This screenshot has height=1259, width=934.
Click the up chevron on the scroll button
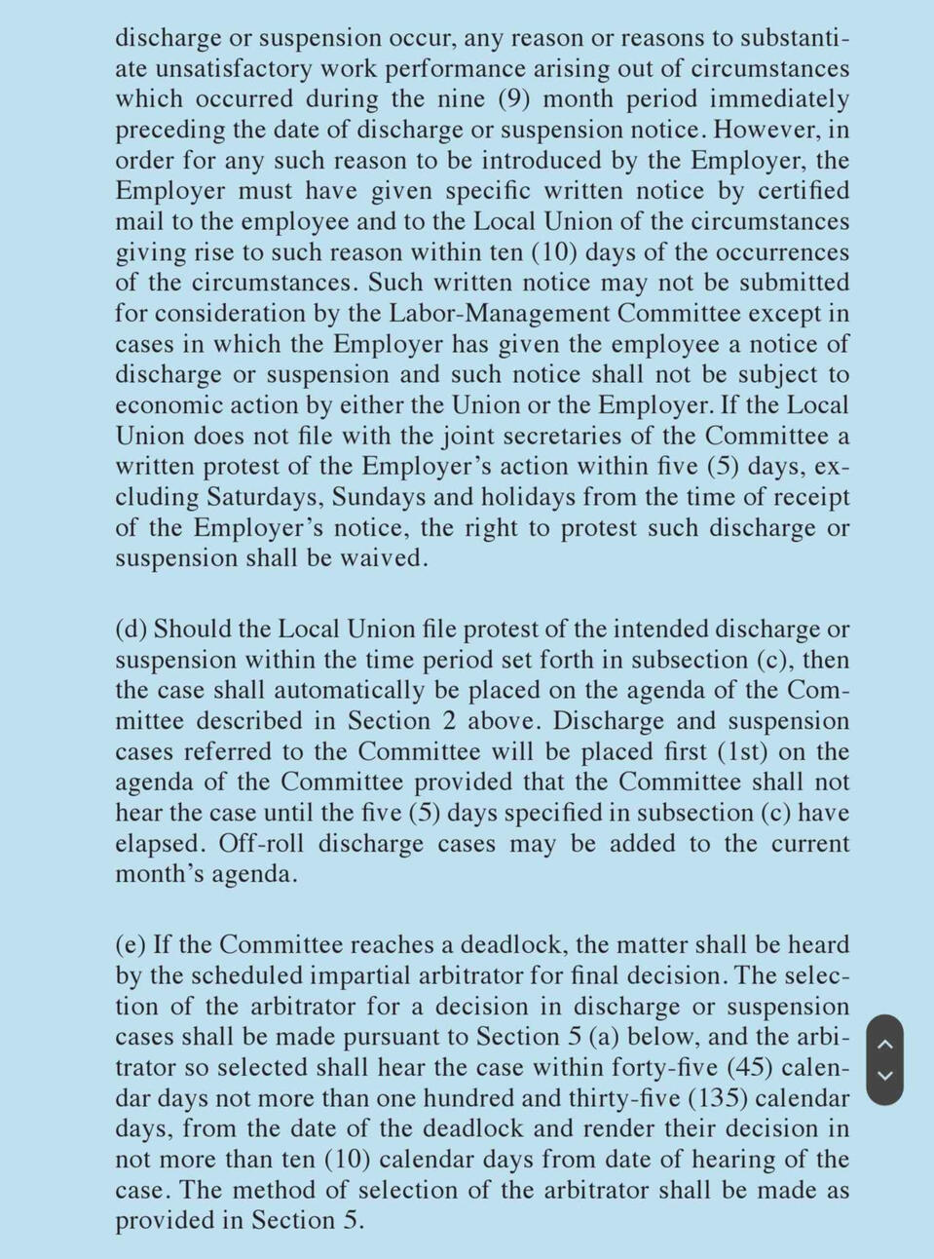(x=884, y=1044)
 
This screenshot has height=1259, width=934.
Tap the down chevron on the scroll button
(x=884, y=1076)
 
